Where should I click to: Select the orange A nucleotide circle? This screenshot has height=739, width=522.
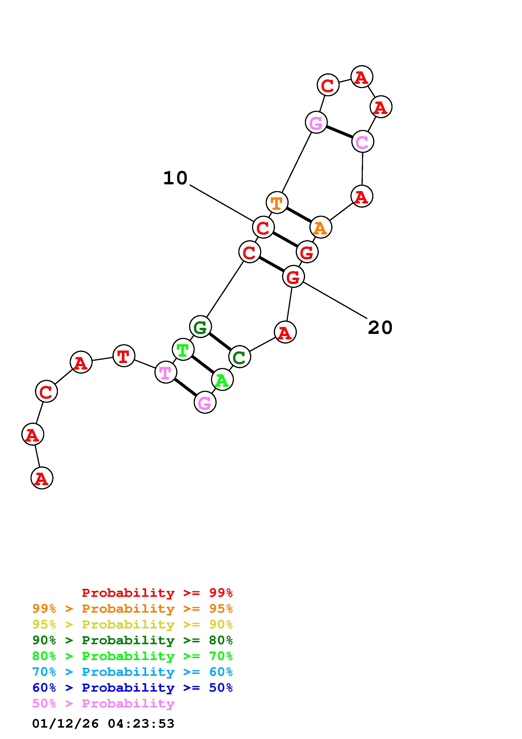321,227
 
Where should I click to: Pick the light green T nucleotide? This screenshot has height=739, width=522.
183,349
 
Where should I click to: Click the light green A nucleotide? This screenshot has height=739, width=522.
222,380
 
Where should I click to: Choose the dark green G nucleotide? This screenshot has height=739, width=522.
200,327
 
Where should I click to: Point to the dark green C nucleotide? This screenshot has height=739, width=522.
239,357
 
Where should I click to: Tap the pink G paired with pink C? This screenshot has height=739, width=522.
316,122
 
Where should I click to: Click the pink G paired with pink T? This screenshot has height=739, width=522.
205,402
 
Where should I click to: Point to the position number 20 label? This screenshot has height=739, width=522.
380,328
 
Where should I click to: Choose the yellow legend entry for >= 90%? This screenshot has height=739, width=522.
132,624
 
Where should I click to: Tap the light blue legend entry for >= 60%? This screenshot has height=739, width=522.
132,672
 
